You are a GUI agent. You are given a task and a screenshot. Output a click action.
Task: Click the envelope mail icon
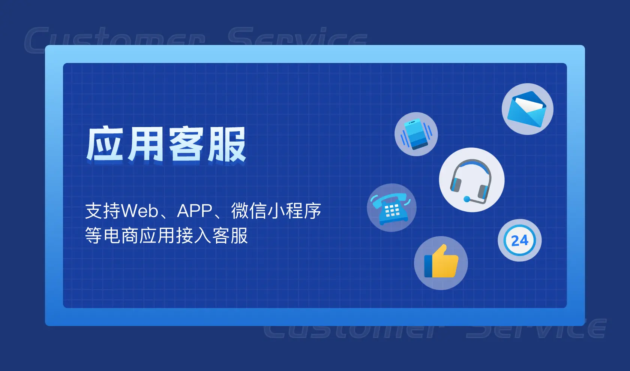click(527, 109)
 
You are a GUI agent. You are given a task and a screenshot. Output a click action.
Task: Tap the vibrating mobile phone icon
click(416, 134)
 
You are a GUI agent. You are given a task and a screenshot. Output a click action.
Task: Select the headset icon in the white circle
click(472, 180)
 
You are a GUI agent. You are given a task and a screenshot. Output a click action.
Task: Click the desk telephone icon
click(391, 208)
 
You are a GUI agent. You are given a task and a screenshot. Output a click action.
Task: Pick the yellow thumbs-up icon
click(441, 263)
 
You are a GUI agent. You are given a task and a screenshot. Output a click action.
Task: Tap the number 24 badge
click(520, 240)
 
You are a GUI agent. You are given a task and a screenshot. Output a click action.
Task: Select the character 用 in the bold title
click(145, 144)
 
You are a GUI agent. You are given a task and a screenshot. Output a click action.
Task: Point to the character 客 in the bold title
click(186, 144)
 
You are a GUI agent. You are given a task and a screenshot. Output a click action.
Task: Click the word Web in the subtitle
click(140, 211)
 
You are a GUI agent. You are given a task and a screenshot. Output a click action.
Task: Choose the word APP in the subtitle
click(195, 211)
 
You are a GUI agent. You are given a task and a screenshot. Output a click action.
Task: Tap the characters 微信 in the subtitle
click(249, 211)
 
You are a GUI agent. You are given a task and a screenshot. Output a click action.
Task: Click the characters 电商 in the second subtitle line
click(121, 236)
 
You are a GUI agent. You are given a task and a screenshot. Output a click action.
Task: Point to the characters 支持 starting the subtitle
click(103, 211)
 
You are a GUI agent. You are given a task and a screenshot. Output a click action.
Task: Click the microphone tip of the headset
click(467, 199)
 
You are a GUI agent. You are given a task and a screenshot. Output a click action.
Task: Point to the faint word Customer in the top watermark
click(114, 39)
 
